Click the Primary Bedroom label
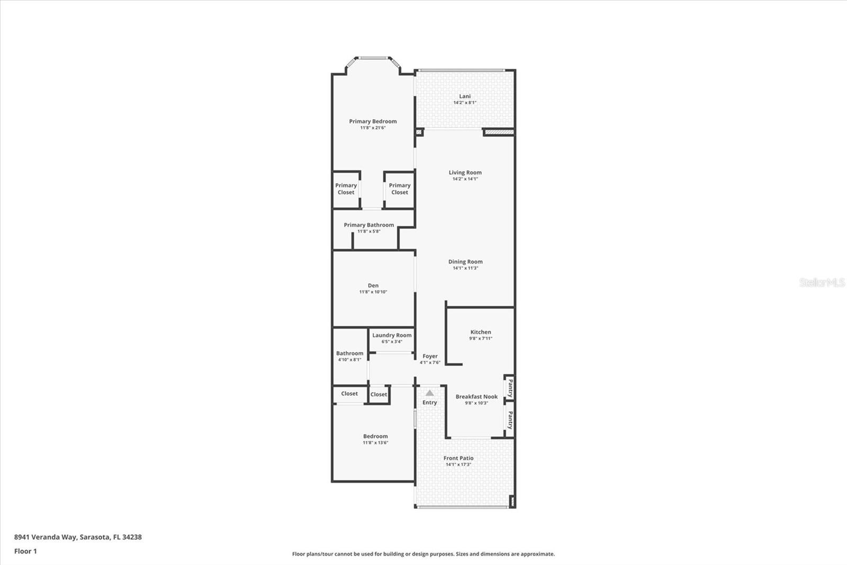point(373,121)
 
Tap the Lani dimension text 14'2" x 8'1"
point(464,103)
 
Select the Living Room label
point(465,172)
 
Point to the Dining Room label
point(465,261)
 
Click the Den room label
point(373,285)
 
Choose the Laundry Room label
point(391,335)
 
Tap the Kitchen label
point(480,332)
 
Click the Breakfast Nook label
point(476,396)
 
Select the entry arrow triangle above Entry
point(429,393)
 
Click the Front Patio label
point(458,458)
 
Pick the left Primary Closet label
point(346,189)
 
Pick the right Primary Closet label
point(399,189)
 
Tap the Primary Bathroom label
point(368,225)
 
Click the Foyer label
point(430,356)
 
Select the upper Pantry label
point(510,388)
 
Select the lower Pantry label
point(510,420)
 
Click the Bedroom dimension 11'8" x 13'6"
point(375,443)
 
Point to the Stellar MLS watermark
point(822,282)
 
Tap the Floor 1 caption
point(25,551)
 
